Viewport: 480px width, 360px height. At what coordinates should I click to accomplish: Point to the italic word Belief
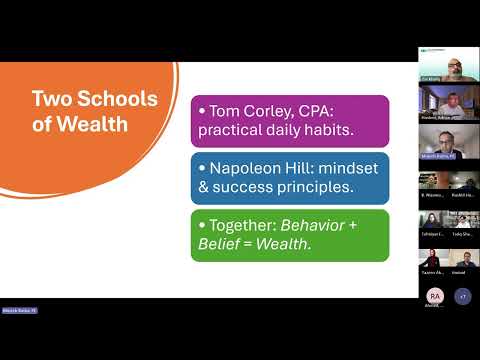222,245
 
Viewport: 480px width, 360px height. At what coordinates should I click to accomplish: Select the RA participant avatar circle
434,296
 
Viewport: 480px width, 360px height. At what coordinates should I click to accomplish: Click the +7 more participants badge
462,296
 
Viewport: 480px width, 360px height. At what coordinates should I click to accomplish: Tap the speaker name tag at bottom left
19,311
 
